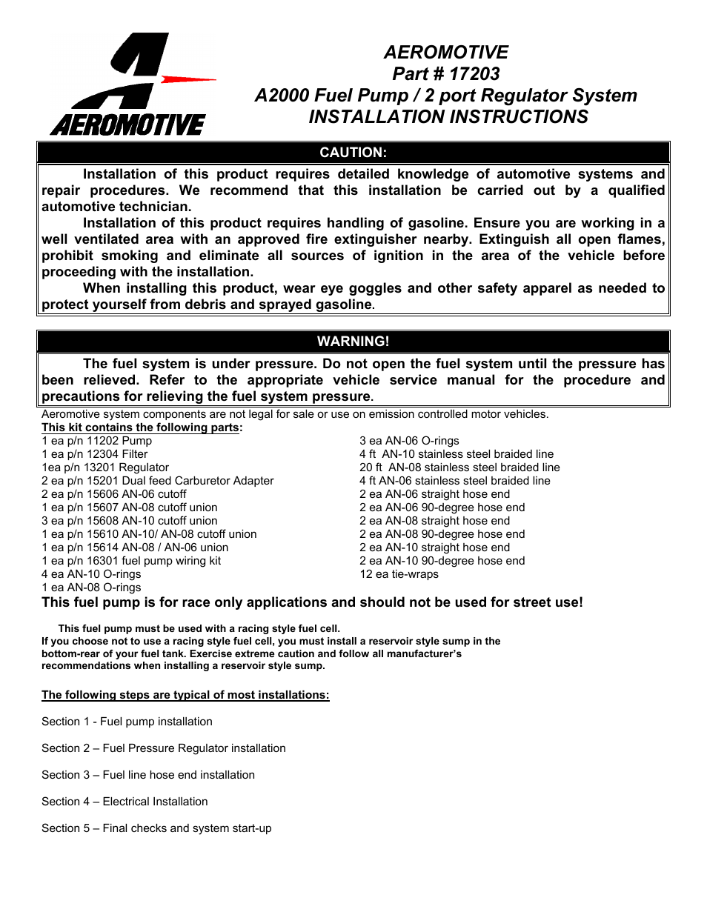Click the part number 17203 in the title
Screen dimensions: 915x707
474,74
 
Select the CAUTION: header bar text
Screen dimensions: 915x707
353,153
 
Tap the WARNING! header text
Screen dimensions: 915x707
353,342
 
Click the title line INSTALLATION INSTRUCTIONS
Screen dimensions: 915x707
448,117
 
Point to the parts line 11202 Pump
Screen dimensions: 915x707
97,441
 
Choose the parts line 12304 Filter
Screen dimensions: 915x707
95,454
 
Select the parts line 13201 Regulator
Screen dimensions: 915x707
105,468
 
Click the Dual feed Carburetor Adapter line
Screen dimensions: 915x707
158,481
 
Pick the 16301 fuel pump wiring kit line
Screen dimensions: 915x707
131,561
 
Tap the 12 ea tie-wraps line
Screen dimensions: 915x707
399,574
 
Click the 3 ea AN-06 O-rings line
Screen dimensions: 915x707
409,441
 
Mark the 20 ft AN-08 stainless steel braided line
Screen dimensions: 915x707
459,468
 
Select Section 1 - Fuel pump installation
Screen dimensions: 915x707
127,722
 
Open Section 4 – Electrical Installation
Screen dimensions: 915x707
125,802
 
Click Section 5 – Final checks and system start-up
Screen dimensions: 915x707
156,828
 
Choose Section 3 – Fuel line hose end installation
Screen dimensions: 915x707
148,775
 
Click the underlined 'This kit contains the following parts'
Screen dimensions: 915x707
141,427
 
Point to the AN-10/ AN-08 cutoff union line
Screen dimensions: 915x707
149,534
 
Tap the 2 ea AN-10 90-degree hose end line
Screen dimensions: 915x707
442,561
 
